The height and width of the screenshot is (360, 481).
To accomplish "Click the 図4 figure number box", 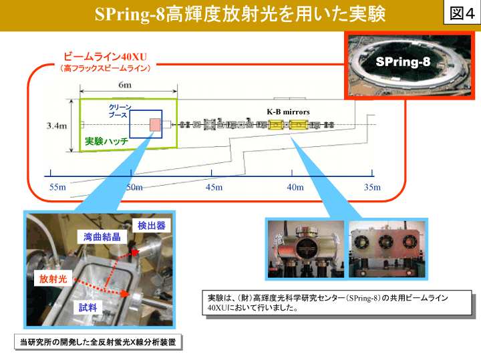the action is click(x=462, y=13).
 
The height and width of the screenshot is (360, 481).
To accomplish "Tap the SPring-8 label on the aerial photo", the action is click(x=403, y=61).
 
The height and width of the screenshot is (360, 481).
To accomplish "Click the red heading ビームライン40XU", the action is click(x=106, y=57).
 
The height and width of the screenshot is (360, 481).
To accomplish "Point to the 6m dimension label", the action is click(x=125, y=85).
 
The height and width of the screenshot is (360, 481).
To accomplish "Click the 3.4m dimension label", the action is click(x=56, y=126).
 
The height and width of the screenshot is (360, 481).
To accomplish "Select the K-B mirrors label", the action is click(x=288, y=112).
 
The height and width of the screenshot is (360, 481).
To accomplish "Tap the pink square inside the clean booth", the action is click(x=155, y=125).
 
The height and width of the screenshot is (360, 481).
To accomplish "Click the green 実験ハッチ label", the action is click(x=106, y=141).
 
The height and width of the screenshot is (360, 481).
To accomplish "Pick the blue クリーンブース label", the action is click(x=120, y=111).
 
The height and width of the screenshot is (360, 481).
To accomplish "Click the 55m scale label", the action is click(x=57, y=187).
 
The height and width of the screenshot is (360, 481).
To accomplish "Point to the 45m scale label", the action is click(x=214, y=187).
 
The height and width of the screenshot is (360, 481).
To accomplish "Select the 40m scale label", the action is click(x=295, y=187).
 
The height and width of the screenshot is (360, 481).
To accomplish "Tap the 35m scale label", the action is click(x=372, y=187).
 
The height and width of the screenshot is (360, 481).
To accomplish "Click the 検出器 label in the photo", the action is click(x=152, y=226).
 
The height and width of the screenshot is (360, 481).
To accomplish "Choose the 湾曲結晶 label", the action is click(x=102, y=236).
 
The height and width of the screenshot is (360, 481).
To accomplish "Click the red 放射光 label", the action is click(x=53, y=279).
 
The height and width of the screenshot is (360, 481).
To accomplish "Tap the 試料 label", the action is click(x=88, y=307).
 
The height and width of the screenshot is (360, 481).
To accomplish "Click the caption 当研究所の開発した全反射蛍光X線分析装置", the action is click(x=98, y=342).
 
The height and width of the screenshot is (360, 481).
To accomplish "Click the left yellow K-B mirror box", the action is click(x=276, y=125).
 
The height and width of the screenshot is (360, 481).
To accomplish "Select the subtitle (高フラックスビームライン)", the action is click(x=106, y=68).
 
